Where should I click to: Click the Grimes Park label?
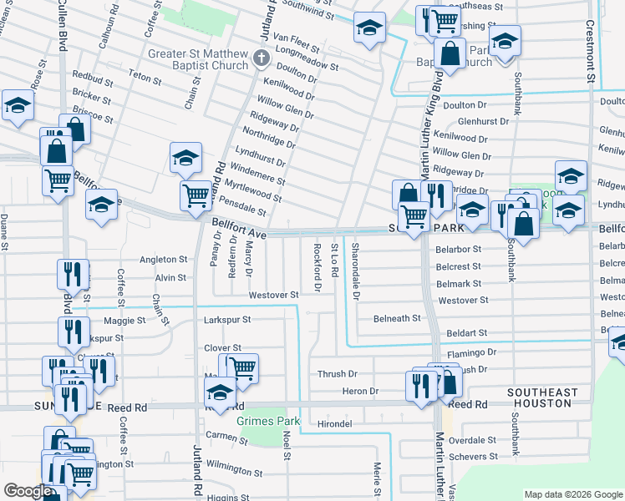266,422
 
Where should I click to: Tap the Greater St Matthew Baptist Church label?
199,60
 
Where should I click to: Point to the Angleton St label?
163,260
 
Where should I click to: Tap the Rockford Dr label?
317,267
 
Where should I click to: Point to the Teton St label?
145,78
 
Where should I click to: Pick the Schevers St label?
472,457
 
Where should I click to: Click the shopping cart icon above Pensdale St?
196,195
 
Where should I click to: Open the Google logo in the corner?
28,491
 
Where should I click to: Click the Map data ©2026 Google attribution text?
572,494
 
